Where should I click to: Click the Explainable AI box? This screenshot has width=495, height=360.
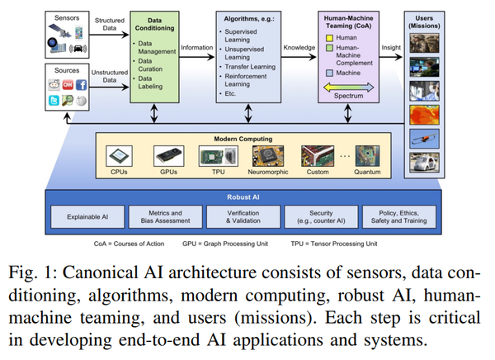(90, 218)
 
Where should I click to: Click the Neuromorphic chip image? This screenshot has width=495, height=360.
(268, 155)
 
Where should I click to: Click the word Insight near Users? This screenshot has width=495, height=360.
(391, 47)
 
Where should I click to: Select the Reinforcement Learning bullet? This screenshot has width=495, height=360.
(251, 79)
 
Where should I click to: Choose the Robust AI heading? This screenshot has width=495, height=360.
(245, 199)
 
